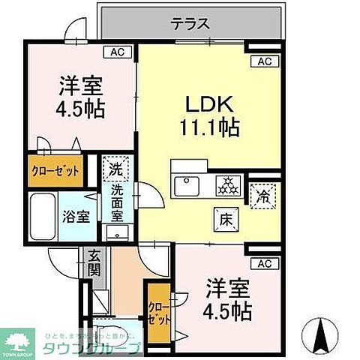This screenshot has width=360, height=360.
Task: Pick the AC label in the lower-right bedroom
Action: (263, 263)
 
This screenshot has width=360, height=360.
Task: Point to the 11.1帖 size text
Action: (208, 127)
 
